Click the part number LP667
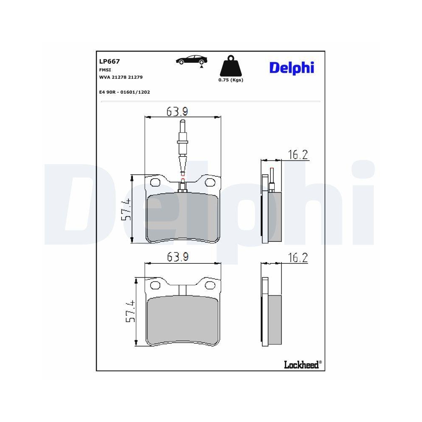tap(109, 61)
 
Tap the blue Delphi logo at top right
tap(292, 68)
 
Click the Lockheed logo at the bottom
tap(303, 365)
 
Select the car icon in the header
tap(192, 61)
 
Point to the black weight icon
tap(231, 66)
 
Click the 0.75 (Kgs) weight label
tap(231, 80)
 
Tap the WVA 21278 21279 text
tap(121, 77)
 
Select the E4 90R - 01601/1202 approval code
tap(124, 92)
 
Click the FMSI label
tap(105, 70)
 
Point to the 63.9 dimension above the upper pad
tap(177, 111)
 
